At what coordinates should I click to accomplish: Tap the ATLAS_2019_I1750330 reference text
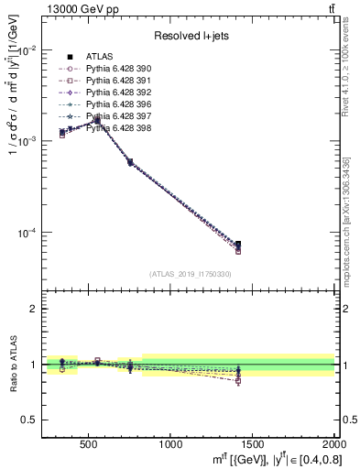tap(190, 274)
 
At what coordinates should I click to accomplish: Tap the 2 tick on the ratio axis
tap(37, 309)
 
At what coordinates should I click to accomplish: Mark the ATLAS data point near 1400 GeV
tap(238, 245)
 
